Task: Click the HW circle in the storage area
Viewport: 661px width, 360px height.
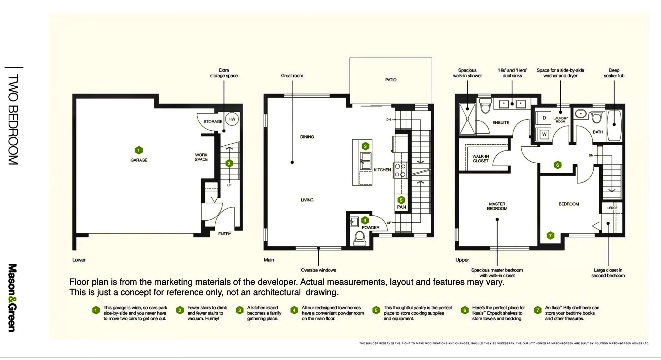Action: (232, 119)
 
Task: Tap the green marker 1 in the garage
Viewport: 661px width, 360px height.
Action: (139, 150)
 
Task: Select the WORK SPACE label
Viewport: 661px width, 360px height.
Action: (201, 157)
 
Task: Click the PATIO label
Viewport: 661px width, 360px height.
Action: (391, 80)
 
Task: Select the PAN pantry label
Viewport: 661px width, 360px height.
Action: (401, 207)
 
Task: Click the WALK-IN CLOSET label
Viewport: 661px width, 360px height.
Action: (481, 158)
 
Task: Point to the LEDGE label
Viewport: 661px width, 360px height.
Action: (612, 208)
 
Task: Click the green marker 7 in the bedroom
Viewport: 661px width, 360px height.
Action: (550, 236)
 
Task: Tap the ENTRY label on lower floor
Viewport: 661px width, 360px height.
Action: (224, 234)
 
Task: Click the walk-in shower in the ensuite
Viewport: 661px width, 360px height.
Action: (467, 119)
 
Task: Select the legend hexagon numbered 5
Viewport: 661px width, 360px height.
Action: (376, 310)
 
